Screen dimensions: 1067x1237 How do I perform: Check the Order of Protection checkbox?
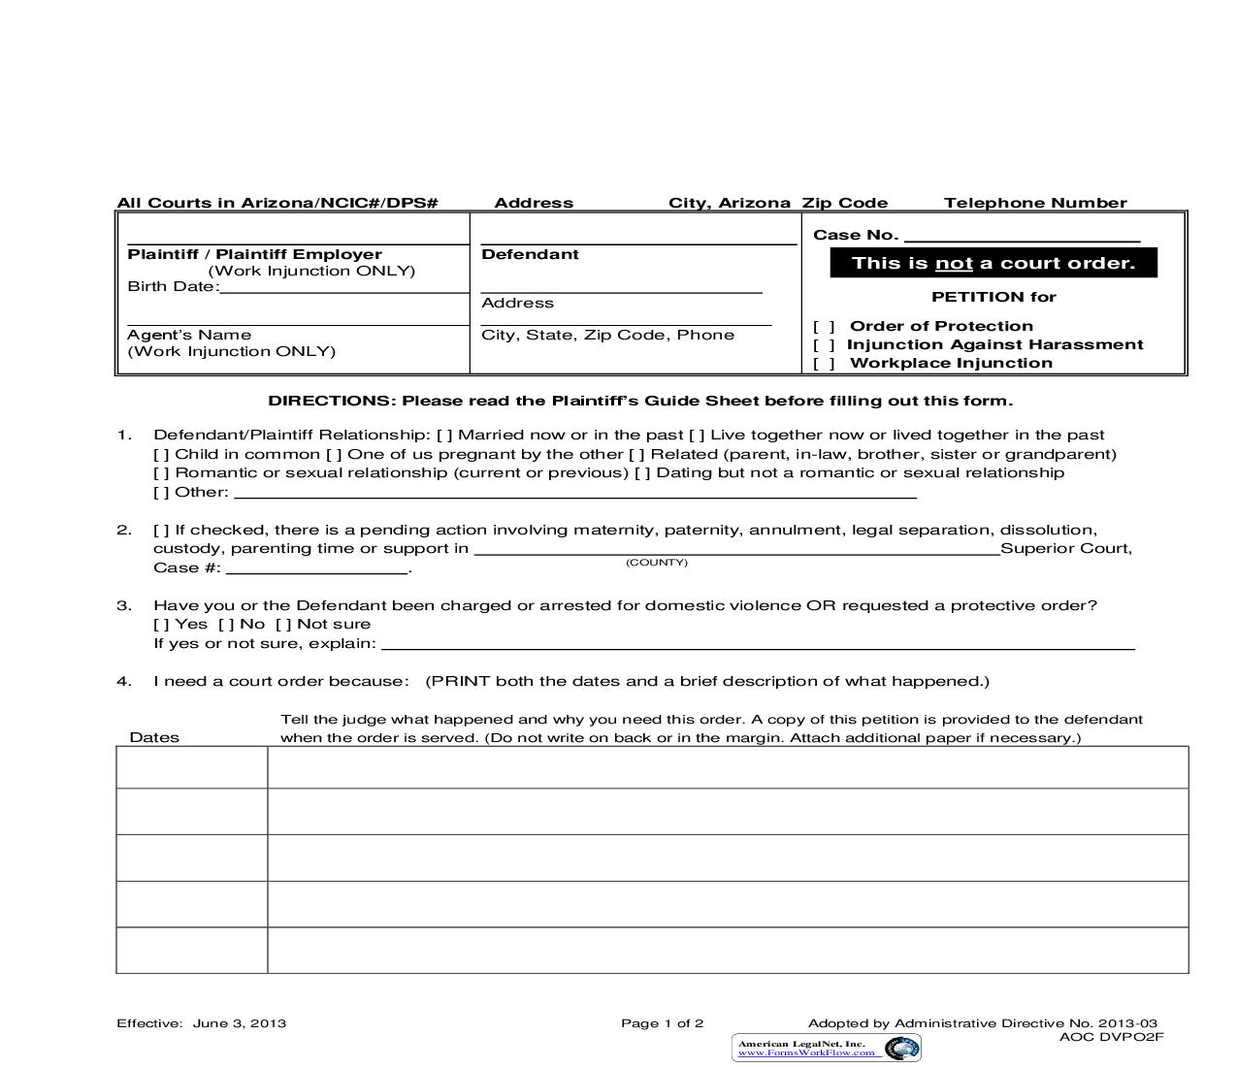824,327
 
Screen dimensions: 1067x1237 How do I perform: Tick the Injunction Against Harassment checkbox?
824,345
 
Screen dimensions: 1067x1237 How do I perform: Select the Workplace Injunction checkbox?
824,364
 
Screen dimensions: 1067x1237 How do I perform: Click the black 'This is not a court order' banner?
993,263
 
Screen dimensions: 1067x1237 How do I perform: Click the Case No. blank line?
1022,236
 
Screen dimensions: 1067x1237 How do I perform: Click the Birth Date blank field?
343,287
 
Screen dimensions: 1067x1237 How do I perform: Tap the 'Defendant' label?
530,254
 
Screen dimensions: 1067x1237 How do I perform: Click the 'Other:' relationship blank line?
574,493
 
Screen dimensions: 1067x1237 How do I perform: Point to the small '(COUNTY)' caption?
657,563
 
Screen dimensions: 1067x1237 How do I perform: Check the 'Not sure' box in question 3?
283,625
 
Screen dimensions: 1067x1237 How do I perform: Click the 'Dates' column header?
154,737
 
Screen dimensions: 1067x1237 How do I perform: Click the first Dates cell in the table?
192,767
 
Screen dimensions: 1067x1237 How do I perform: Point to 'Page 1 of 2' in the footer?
662,1023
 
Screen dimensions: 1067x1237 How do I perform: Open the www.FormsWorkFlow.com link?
806,1052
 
